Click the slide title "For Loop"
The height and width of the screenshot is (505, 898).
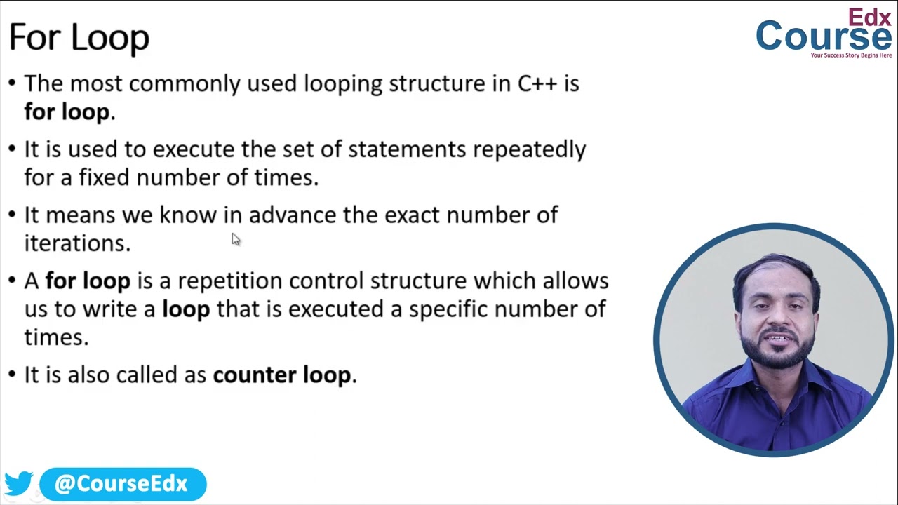pos(79,37)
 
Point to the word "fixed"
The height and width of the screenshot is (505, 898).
pos(104,177)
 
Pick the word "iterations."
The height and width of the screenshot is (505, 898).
pos(77,243)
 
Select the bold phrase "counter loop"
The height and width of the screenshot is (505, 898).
pos(281,375)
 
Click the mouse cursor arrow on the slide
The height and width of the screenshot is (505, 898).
pos(235,239)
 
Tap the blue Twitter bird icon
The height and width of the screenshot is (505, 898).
pos(19,483)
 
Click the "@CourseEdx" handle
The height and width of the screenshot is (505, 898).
pos(121,484)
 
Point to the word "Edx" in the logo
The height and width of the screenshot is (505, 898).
pos(869,18)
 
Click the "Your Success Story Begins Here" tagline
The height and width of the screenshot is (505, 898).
pos(851,55)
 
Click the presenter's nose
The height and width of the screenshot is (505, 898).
pos(777,314)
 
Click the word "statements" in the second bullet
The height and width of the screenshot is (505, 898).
pos(406,149)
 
